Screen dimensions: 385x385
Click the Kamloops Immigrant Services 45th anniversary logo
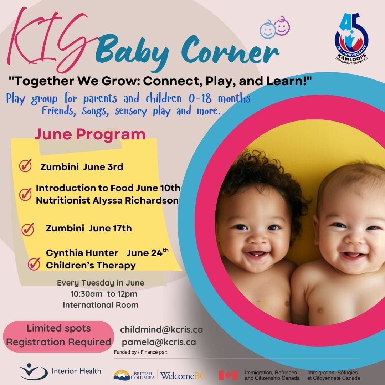click(351, 38)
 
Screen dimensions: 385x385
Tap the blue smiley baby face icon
click(268, 30)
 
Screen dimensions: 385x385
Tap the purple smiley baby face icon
click(282, 26)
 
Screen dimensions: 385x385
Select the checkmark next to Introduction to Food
click(26, 195)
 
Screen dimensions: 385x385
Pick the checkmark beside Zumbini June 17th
click(28, 229)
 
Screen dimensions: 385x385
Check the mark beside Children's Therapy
click(34, 264)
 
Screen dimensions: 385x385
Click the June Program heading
click(90, 134)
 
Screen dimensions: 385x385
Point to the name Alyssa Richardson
click(135, 200)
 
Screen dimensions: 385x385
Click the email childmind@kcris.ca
click(161, 329)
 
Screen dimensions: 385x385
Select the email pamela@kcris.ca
click(159, 342)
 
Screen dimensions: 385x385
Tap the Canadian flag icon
click(228, 375)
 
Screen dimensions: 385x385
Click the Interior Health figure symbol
click(34, 371)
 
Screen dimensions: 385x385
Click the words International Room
click(101, 305)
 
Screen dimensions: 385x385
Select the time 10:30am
click(86, 294)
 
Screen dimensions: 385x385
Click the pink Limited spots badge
click(58, 337)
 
